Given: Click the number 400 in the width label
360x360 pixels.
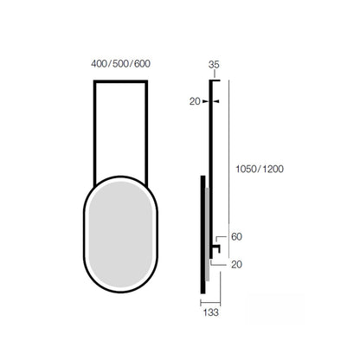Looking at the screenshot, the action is point(99,64).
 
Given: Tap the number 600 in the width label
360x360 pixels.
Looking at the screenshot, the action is point(143,64).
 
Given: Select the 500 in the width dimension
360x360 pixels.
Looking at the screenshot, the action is point(120,64).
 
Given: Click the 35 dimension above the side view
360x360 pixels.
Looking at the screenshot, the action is point(214,65).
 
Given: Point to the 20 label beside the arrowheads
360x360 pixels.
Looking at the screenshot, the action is point(195,101).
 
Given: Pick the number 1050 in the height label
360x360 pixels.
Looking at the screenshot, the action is point(246,169).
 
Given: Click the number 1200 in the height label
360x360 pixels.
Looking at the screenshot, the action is point(273,169).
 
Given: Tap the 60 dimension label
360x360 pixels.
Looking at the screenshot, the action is point(236,237).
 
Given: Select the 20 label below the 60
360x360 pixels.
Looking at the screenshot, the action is point(236,264).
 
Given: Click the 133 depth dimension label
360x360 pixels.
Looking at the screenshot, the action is point(211,312).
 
